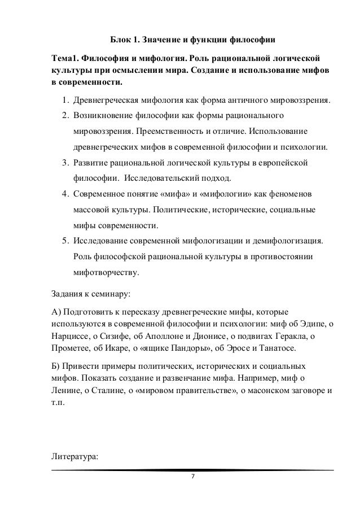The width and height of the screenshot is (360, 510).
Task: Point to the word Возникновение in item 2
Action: tap(100, 117)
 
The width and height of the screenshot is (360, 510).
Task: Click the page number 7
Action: tap(192, 477)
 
